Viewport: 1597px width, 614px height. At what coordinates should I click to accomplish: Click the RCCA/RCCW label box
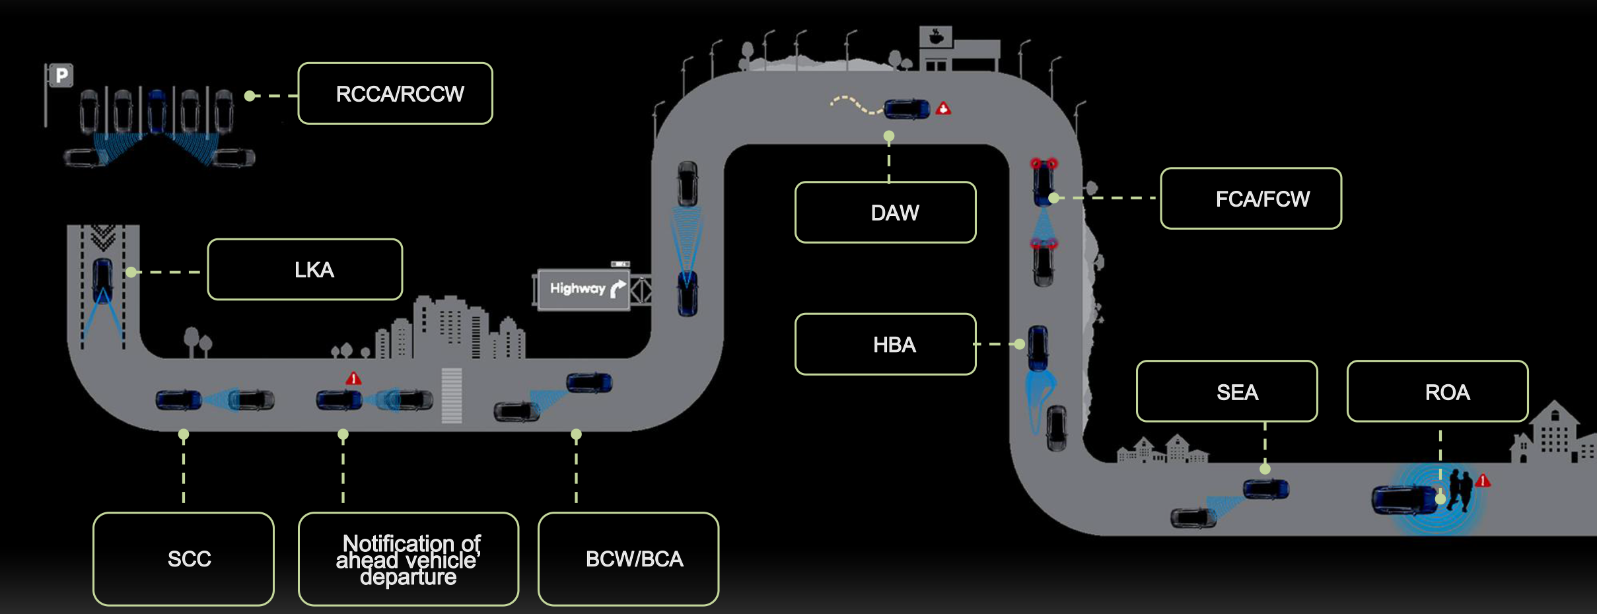click(x=395, y=94)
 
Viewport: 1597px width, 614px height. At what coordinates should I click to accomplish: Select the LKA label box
click(x=305, y=269)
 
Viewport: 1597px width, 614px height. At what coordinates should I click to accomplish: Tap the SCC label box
click(x=184, y=559)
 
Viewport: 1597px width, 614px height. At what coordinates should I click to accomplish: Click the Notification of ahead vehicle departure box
click(x=408, y=559)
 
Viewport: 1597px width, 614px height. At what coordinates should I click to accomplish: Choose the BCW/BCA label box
click(x=629, y=559)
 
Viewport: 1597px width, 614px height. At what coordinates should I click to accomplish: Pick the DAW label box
click(x=886, y=213)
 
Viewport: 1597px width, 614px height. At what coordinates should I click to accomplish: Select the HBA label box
click(x=886, y=344)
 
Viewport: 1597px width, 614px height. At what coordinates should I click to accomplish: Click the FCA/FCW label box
click(x=1251, y=199)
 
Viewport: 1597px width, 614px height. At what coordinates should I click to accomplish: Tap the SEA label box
click(x=1226, y=392)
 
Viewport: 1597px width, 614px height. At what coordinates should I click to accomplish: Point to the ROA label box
click(x=1437, y=392)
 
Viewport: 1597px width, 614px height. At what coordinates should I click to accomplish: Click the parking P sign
click(x=61, y=75)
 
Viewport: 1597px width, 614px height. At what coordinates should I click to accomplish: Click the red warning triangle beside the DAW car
click(x=944, y=108)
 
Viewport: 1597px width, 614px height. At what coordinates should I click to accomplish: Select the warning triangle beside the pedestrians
click(x=1483, y=480)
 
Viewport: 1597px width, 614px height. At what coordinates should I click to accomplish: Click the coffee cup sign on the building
click(x=936, y=36)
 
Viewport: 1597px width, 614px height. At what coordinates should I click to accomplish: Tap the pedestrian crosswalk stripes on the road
click(x=452, y=395)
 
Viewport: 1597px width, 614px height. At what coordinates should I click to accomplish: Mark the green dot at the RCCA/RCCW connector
click(x=250, y=96)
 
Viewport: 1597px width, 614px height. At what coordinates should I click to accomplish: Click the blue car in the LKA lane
click(x=102, y=280)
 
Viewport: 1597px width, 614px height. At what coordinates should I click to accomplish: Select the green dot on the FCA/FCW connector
click(x=1053, y=197)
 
